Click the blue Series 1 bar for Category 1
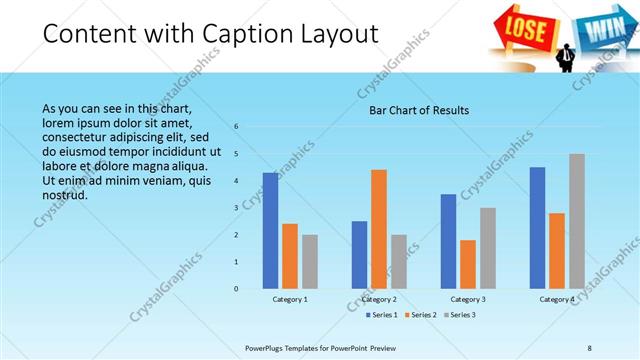click(270, 230)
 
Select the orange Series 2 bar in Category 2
click(379, 229)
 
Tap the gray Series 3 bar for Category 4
click(577, 221)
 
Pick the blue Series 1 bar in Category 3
click(448, 241)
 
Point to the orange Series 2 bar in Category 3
click(468, 264)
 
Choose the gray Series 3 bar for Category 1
click(310, 261)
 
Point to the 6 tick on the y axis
click(236, 127)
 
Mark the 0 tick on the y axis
click(236, 289)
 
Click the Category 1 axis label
click(290, 299)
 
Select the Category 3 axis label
click(468, 299)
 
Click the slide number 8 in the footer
click(589, 348)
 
